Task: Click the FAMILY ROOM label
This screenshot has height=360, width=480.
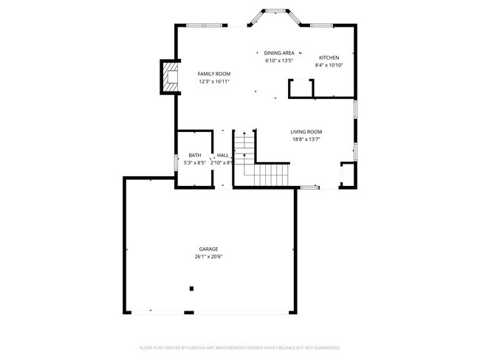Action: point(213,75)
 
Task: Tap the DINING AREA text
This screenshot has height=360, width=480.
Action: point(279,53)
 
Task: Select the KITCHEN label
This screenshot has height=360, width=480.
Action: point(329,58)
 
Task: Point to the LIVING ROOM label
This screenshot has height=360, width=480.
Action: point(306,132)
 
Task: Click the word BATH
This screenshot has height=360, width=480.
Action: point(194,155)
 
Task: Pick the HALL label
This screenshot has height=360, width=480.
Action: point(222,155)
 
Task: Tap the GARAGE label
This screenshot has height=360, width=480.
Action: point(208,249)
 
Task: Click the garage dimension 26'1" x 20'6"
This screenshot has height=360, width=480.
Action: point(208,257)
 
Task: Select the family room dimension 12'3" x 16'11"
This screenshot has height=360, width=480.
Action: point(213,82)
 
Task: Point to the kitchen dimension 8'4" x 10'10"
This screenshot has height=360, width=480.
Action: point(329,65)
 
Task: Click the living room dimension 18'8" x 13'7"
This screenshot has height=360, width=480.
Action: point(306,139)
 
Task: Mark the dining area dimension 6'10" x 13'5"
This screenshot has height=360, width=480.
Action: point(279,60)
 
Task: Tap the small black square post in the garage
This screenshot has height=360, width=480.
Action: point(191,288)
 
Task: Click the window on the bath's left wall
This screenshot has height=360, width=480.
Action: point(175,161)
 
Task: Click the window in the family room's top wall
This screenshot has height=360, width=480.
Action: point(205,26)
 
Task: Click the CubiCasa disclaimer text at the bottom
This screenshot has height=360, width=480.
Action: point(239,347)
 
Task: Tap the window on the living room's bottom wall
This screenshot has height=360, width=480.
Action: point(310,187)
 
